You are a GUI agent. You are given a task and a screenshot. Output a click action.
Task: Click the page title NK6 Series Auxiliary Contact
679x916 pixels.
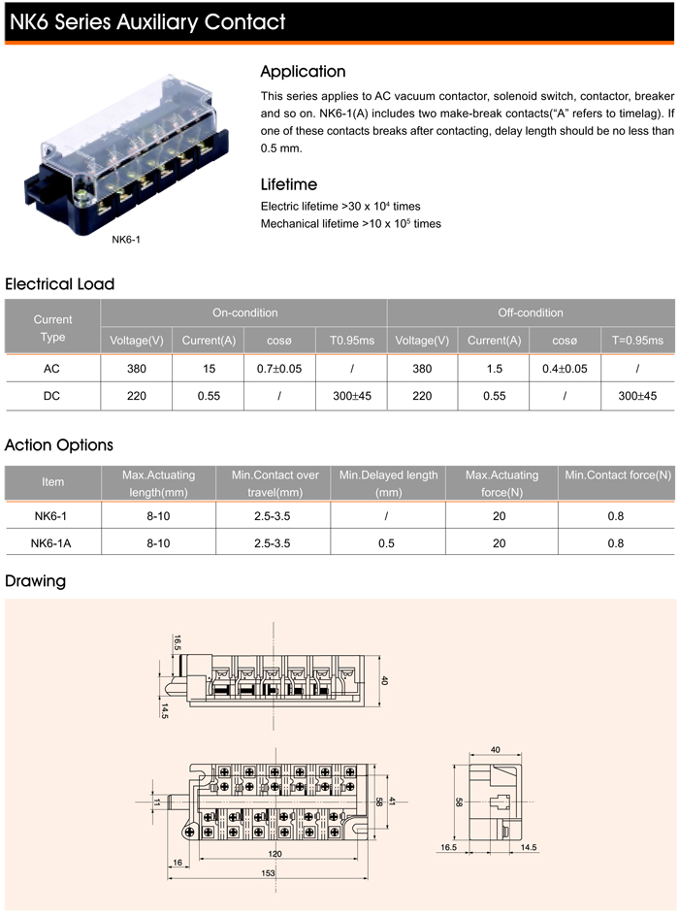pos(147,21)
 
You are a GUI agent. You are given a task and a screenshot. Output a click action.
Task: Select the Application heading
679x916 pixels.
pos(303,71)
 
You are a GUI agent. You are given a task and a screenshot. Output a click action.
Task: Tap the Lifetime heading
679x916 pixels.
pos(289,184)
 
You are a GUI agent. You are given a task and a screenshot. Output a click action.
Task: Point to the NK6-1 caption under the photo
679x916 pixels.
pos(126,239)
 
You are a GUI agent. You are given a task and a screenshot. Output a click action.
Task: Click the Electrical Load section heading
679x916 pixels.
pos(60,284)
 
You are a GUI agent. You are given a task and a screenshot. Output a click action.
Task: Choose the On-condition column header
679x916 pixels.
pos(244,312)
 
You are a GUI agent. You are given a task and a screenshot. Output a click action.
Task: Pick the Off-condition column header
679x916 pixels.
pos(530,312)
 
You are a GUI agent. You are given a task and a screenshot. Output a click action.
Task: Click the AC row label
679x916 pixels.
pos(52,369)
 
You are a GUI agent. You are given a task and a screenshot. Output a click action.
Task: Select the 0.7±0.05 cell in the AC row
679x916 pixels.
pos(278,369)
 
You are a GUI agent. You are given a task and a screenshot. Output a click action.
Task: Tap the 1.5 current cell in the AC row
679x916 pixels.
pos(494,369)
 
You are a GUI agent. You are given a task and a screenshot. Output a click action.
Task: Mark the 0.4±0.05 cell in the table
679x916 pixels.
pos(565,369)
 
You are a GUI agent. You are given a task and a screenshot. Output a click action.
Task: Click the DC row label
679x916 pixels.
pos(52,396)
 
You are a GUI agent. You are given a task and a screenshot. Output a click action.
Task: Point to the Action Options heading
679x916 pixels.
pos(59,445)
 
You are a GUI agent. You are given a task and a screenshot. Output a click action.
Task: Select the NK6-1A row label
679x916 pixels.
pos(52,543)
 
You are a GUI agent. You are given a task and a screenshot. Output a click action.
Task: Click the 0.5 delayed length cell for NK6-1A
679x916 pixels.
pos(386,543)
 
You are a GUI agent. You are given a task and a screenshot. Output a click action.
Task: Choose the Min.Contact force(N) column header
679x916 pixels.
pos(618,474)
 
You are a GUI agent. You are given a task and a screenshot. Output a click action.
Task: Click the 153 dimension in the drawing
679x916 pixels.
pos(268,874)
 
